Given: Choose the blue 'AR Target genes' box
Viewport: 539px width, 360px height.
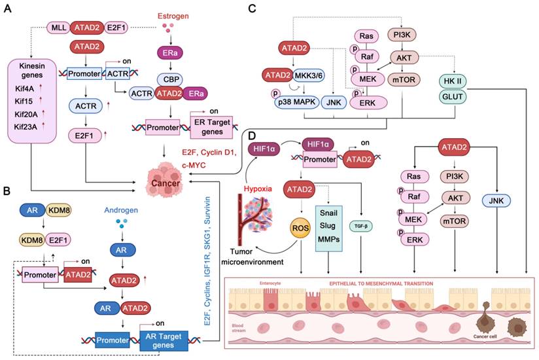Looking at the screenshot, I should pyautogui.click(x=163, y=340).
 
